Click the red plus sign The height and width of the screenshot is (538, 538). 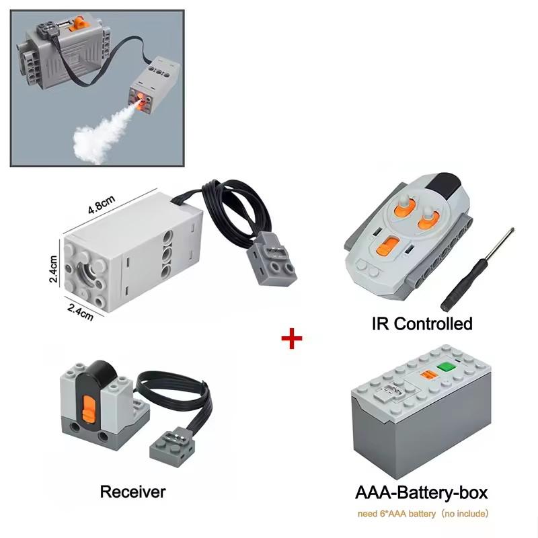[x=292, y=338]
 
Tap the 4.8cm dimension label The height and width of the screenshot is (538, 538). [x=102, y=204]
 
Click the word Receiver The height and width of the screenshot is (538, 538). [x=132, y=492]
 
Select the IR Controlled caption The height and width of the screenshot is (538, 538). [x=422, y=323]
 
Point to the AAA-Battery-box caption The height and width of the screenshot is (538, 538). [x=422, y=493]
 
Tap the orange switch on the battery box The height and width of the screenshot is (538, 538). [x=428, y=375]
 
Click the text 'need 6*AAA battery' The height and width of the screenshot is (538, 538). [x=397, y=514]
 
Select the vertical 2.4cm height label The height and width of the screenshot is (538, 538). [x=54, y=268]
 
